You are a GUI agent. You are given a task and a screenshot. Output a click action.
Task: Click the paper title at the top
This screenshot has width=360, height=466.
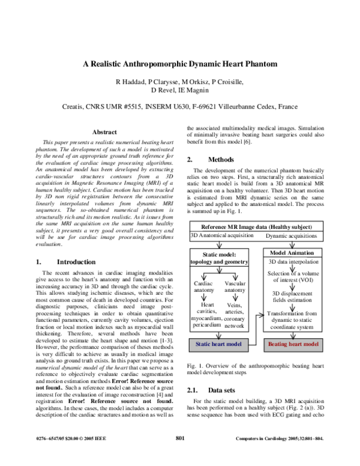click(180, 63)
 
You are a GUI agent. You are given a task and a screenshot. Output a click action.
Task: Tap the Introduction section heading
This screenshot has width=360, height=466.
click(76, 262)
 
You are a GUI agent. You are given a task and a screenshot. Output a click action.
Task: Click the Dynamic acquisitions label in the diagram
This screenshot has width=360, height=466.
click(293, 236)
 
